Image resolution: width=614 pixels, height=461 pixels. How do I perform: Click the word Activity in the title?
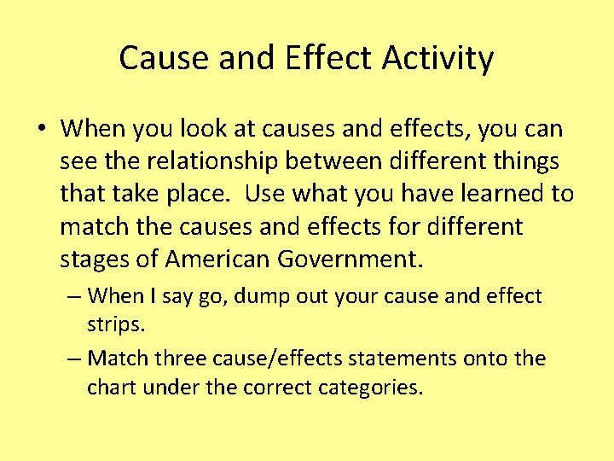[437, 58]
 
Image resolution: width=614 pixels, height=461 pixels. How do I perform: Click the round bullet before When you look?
[41, 130]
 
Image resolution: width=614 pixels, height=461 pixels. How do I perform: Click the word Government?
[358, 260]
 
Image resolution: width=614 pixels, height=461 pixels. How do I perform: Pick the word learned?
[495, 195]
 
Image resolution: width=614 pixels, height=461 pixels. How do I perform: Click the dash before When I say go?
[73, 297]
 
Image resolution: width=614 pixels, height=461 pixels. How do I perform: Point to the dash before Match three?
[73, 359]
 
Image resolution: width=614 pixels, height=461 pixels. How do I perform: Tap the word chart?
[113, 388]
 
